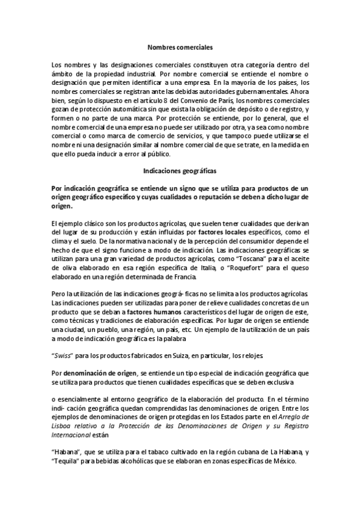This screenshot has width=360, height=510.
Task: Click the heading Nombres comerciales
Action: pos(180,45)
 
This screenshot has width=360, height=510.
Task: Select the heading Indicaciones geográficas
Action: pos(180,170)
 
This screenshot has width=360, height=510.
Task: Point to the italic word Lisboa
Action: pos(64,426)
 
